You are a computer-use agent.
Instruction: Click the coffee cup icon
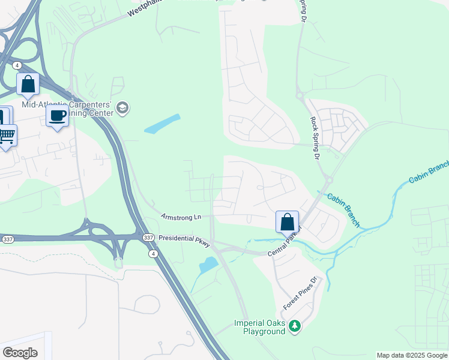coord(57,115)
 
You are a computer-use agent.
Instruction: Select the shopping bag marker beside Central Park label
coord(288,221)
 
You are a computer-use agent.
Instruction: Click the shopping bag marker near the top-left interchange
coord(28,84)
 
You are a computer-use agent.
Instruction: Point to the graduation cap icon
coord(123,108)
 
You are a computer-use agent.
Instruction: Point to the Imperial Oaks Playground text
coord(259,327)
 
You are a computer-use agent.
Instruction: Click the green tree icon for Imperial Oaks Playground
coord(294,326)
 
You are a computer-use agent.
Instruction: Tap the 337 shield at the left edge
coord(7,239)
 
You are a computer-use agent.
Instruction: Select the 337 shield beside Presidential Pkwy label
coord(148,238)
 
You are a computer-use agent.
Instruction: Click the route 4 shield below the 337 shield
coord(154,253)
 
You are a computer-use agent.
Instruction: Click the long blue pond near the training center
coord(162,124)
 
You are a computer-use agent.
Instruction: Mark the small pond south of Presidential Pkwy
coord(208,264)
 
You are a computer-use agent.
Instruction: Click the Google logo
coord(20,352)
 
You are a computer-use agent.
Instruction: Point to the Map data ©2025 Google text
coord(412,355)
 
